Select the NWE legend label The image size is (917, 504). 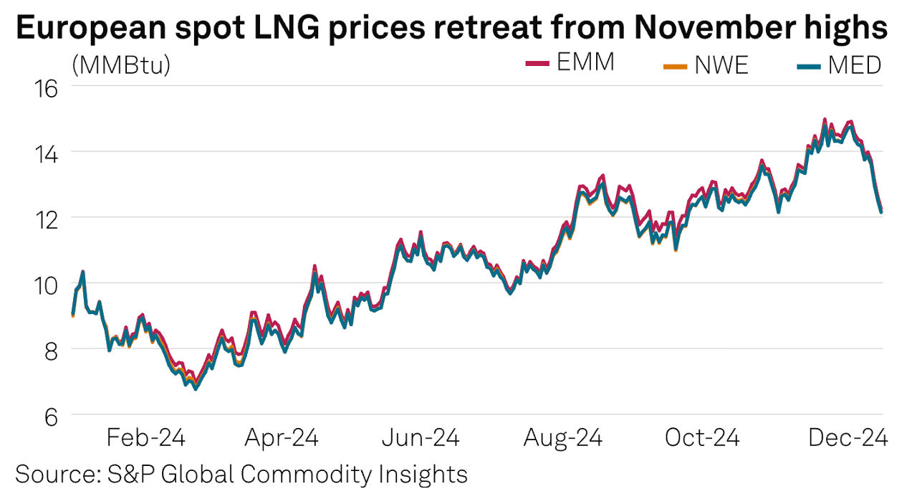(721, 65)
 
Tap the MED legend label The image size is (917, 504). (854, 65)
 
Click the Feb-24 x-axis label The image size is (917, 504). (145, 438)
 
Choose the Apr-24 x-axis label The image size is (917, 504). (282, 438)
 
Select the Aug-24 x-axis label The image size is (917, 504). (564, 438)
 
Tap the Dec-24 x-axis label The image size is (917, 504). (848, 438)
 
